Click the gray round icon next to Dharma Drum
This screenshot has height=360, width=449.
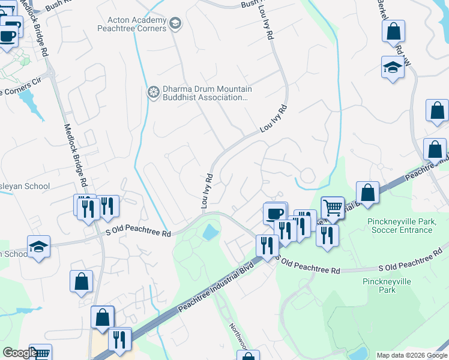tap(154, 92)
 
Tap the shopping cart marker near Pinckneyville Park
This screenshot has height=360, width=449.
tap(332, 208)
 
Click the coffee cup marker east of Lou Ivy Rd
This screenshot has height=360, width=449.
tap(275, 213)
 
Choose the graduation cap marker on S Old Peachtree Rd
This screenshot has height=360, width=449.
tap(38, 247)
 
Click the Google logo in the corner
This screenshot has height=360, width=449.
tap(19, 353)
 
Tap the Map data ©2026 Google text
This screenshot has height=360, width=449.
tap(412, 355)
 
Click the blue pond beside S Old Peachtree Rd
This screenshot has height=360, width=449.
tap(210, 232)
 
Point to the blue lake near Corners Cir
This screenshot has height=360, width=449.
tap(29, 102)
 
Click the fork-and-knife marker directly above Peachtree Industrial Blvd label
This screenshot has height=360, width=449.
tap(265, 245)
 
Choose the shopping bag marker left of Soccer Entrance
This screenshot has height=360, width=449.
tap(367, 193)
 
